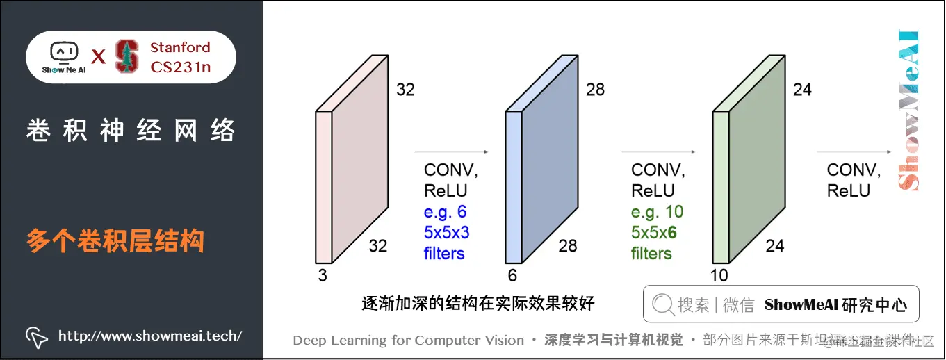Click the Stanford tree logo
click(x=126, y=56)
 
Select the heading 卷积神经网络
click(x=131, y=130)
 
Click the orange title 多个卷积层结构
click(x=115, y=241)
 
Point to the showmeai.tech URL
click(x=150, y=336)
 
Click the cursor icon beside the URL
click(x=36, y=336)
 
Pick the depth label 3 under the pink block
click(x=323, y=275)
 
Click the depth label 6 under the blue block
click(x=512, y=275)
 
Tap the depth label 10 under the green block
click(x=719, y=275)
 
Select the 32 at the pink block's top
click(x=405, y=90)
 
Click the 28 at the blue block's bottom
click(x=568, y=245)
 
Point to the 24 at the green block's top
click(x=802, y=90)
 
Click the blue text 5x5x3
click(x=446, y=232)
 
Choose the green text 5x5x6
click(x=653, y=232)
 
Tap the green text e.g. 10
click(x=657, y=211)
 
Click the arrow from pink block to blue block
click(x=452, y=151)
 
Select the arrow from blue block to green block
click(x=658, y=151)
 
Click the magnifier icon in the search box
click(x=663, y=304)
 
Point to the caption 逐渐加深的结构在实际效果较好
click(x=478, y=304)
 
